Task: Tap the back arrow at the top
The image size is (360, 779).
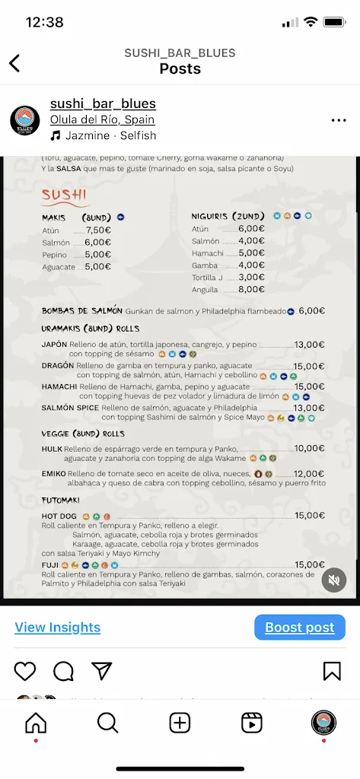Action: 14,63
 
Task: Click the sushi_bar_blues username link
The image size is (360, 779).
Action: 103,103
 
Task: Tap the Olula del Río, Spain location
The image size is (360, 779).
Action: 102,119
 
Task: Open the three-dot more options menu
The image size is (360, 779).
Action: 339,120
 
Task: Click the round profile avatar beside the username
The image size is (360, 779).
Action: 25,120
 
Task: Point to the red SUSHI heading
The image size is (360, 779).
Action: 64,195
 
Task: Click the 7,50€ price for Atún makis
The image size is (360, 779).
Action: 99,230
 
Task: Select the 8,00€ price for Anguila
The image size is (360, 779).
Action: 251,289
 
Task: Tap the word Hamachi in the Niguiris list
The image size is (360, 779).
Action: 209,253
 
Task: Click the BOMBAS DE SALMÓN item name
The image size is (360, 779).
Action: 81,310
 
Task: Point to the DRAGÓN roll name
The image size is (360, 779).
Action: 58,365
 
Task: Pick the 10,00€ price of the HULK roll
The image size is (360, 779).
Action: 309,448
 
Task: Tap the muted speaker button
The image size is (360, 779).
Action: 333,580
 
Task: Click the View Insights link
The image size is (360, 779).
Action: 58,627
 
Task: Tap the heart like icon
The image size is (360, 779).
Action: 25,671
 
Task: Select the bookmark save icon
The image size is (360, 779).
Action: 332,671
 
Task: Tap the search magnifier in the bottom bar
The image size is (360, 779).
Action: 107,723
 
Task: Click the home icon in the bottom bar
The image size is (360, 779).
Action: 36,723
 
